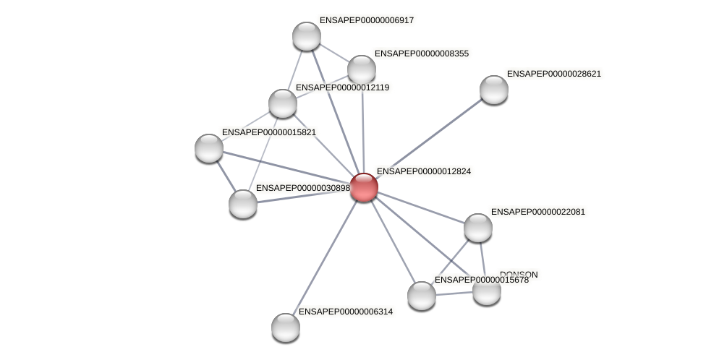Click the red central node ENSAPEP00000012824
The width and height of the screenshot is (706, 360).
(x=363, y=187)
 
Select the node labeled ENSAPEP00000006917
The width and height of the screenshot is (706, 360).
(x=306, y=36)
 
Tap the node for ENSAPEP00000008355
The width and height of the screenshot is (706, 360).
(x=361, y=69)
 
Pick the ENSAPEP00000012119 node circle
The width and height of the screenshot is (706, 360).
(x=282, y=103)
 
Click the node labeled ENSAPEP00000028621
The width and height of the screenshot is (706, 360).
(x=493, y=90)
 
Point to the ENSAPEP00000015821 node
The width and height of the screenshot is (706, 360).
(x=209, y=148)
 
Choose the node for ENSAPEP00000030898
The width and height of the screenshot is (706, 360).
(x=243, y=203)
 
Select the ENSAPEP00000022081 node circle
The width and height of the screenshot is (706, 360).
(x=477, y=228)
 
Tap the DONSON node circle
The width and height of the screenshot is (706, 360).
(x=487, y=291)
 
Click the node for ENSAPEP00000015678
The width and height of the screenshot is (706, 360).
(x=421, y=295)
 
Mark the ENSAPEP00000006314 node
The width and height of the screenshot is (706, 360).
(x=285, y=327)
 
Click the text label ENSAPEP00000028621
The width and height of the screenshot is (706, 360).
(x=553, y=74)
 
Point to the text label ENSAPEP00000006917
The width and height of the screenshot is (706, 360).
(x=366, y=20)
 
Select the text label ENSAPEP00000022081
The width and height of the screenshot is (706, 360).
(x=537, y=212)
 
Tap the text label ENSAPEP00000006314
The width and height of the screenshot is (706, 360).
(x=345, y=312)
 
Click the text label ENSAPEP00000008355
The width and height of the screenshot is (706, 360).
(x=421, y=53)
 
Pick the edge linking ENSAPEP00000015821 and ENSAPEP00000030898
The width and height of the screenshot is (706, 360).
(x=226, y=176)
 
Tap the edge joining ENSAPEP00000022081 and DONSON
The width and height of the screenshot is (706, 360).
(x=482, y=259)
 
